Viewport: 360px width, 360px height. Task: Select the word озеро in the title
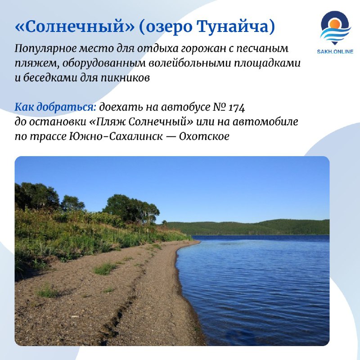click(168, 27)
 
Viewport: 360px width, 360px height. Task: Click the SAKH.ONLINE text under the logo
click(335, 52)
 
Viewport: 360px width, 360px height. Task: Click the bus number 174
click(237, 108)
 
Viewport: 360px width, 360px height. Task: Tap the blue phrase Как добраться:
click(55, 107)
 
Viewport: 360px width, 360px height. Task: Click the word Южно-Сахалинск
click(116, 136)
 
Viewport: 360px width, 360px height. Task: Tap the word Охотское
click(204, 136)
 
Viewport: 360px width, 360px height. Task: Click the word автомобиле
click(265, 121)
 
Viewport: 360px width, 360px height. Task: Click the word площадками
click(267, 63)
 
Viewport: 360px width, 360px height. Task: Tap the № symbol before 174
click(220, 107)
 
